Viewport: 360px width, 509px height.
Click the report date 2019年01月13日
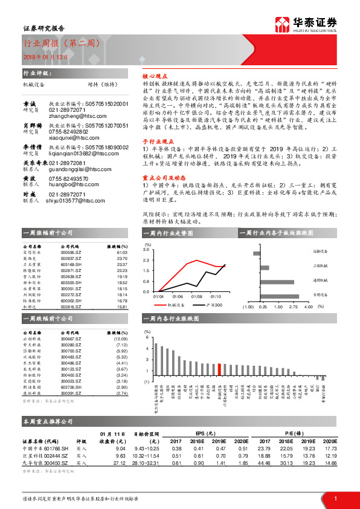[x=45, y=56]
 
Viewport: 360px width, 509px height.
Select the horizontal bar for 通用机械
[x=277, y=281]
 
